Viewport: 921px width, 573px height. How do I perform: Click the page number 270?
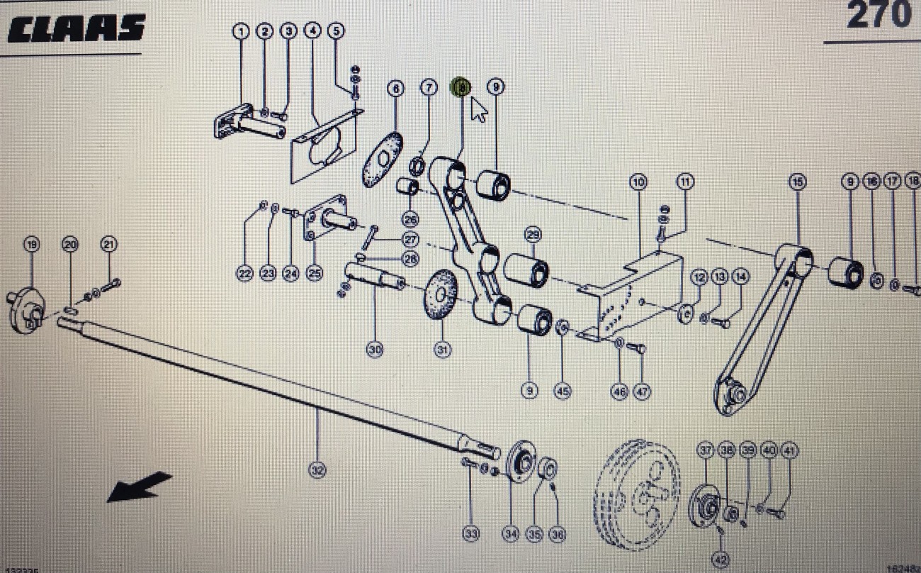click(x=878, y=16)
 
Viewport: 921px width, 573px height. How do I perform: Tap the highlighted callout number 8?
click(x=461, y=87)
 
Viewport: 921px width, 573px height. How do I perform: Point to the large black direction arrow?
click(x=139, y=487)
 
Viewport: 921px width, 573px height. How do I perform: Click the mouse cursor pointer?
click(x=480, y=111)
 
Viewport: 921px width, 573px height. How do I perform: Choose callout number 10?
click(x=638, y=182)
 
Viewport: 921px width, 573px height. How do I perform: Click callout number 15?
click(x=798, y=182)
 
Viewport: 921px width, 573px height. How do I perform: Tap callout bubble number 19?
click(x=31, y=245)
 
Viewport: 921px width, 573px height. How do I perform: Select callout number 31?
click(x=442, y=349)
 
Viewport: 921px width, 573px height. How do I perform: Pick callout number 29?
click(x=533, y=235)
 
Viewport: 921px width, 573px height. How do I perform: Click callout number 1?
click(x=242, y=31)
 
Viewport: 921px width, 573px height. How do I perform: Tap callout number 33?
click(x=471, y=533)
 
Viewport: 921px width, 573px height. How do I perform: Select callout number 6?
click(x=395, y=89)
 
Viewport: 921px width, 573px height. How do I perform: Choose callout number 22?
click(x=245, y=274)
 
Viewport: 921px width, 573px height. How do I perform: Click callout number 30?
click(x=375, y=349)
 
